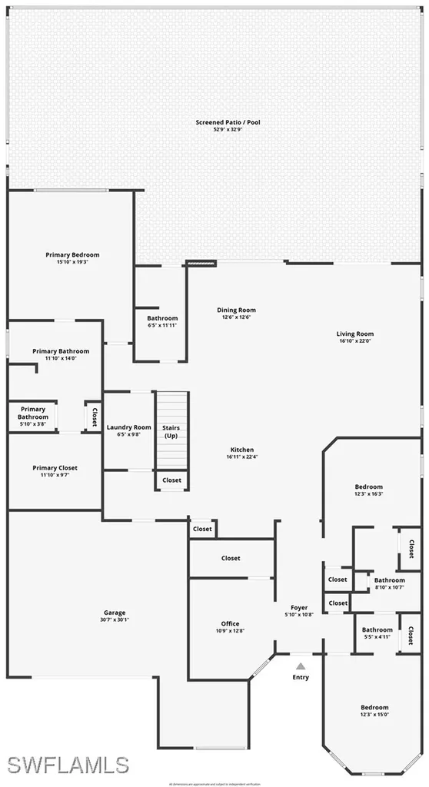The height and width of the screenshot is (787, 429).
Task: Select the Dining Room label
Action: pyautogui.click(x=236, y=310)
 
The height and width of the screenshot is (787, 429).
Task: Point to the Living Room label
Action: pyautogui.click(x=354, y=334)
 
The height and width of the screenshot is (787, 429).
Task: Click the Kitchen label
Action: pyautogui.click(x=241, y=450)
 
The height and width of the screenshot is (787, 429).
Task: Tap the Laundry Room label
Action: pyautogui.click(x=129, y=427)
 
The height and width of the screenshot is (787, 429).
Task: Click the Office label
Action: pyautogui.click(x=229, y=623)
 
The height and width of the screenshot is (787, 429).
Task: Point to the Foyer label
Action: pyautogui.click(x=298, y=607)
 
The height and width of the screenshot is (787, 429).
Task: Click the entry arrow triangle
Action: pyautogui.click(x=301, y=666)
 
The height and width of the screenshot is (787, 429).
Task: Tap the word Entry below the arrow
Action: pyautogui.click(x=301, y=677)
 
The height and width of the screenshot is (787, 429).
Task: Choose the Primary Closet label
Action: pyautogui.click(x=55, y=467)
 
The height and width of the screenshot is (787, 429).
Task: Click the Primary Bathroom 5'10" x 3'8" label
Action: pyautogui.click(x=33, y=413)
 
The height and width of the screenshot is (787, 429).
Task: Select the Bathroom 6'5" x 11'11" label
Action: pyautogui.click(x=162, y=318)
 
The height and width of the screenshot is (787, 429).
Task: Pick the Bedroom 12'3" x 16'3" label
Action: pyautogui.click(x=368, y=486)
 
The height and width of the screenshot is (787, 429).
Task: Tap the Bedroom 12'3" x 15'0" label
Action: pyautogui.click(x=374, y=707)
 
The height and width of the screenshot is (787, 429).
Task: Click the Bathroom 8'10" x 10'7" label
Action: pyautogui.click(x=389, y=580)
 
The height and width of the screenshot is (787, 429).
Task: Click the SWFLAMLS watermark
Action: pyautogui.click(x=68, y=764)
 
